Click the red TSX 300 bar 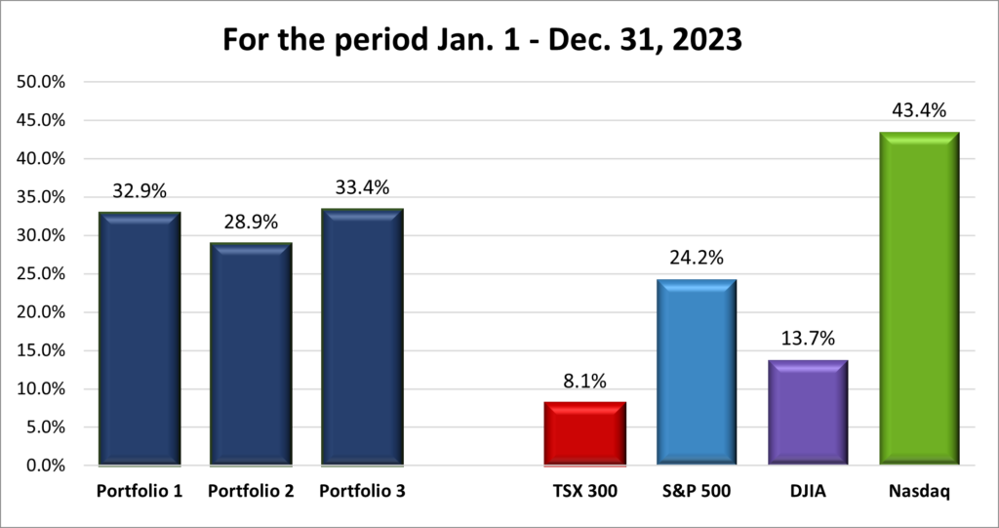[584, 433]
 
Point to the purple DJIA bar [807, 412]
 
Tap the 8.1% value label [584, 382]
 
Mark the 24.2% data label [696, 259]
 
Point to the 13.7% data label [807, 340]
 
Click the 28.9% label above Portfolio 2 [251, 223]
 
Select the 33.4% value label [362, 188]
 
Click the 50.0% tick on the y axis [40, 82]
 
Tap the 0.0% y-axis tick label [44, 466]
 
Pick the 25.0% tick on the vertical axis [40, 274]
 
